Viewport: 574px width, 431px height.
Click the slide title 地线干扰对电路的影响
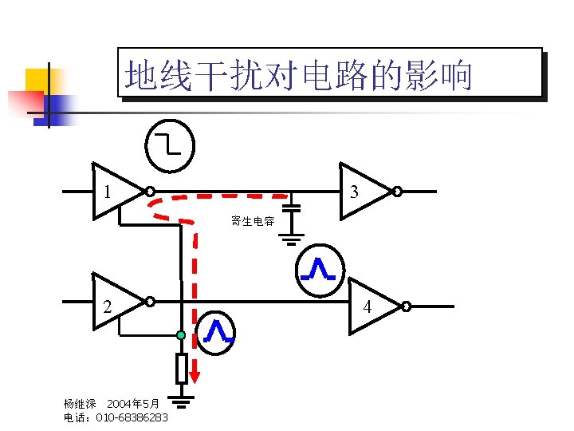299,77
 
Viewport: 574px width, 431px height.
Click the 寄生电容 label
253,221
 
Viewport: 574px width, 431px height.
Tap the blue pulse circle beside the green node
216,332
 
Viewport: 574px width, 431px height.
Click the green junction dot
181,335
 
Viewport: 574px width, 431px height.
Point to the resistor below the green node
181,368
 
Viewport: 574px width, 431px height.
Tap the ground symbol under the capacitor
293,237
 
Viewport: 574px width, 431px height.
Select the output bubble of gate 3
395,192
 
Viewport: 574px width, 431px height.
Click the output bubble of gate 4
406,306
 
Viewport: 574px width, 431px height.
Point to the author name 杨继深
79,404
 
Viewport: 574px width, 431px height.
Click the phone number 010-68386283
132,417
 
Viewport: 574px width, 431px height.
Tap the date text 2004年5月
133,404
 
